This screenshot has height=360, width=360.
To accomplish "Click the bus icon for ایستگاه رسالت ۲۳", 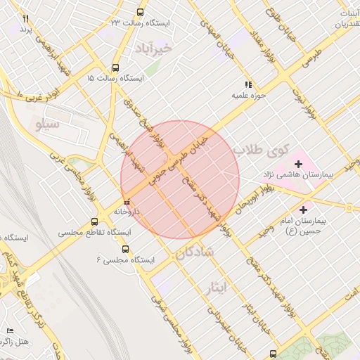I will click(x=140, y=13).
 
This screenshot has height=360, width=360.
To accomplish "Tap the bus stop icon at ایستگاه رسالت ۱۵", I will click(x=115, y=68).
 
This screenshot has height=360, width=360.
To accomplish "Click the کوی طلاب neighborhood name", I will click(x=262, y=149).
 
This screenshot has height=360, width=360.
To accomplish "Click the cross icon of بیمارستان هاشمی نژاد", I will click(x=299, y=163).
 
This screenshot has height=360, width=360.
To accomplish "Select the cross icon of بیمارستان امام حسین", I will click(x=304, y=209).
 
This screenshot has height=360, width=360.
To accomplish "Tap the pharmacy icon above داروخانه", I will click(x=127, y=202).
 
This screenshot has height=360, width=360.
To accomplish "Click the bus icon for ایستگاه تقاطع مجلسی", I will click(x=94, y=221).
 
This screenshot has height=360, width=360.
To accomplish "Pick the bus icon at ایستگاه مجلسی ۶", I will click(x=125, y=249).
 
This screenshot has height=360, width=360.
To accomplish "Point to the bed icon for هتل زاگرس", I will click(x=10, y=330).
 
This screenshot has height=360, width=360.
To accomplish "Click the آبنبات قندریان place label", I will click(x=345, y=19).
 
